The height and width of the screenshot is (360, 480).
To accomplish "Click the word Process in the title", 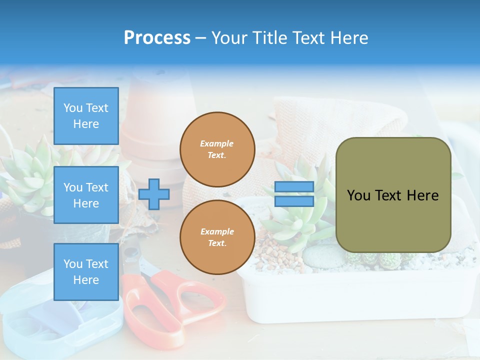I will (157, 37).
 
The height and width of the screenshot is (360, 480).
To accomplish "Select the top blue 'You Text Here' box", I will (86, 116).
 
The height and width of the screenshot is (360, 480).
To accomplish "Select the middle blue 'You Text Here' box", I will (86, 195).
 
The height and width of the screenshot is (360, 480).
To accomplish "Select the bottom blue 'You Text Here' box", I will (86, 272).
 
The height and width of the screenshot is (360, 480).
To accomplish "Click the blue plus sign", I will (154, 194).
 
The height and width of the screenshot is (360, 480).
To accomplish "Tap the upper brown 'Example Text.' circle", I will (217, 149).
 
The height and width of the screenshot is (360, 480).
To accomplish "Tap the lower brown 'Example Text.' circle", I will (217, 237).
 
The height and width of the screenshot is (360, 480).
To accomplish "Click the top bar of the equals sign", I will (294, 187).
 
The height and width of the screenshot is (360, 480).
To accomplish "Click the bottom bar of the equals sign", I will (294, 201).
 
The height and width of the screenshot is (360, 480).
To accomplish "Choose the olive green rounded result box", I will (393, 195).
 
